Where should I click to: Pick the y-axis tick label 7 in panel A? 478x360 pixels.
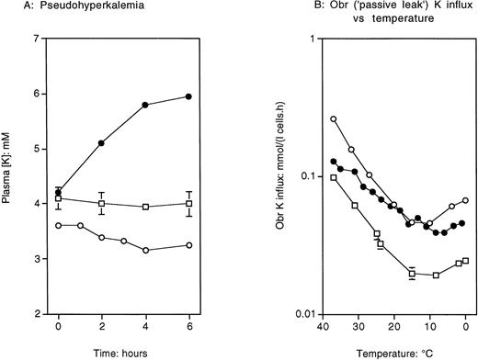(35, 39)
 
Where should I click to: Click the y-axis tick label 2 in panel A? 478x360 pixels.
(35, 314)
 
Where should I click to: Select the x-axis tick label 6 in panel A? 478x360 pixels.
(189, 328)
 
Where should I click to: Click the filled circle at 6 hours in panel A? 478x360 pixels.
(189, 96)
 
